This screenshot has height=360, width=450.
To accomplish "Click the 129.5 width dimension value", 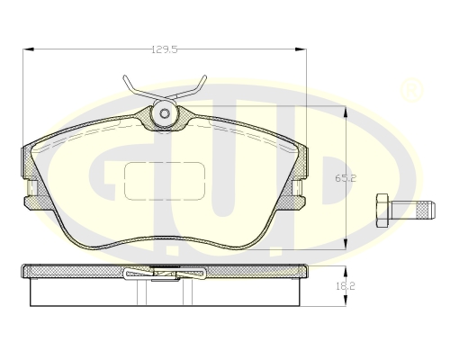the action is coord(165,49).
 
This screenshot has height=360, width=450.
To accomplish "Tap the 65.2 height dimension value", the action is coord(346,178).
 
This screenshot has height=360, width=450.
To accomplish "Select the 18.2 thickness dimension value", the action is coord(346,286).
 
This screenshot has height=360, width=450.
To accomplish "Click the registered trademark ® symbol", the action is coord(411,90).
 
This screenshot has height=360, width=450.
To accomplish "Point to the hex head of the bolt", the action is coord(382,211).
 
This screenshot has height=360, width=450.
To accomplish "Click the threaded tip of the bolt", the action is coord(427,210).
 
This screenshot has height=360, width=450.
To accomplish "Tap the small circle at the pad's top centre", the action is coord(165,113).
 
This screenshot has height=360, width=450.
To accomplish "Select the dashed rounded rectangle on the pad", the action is coord(165,181).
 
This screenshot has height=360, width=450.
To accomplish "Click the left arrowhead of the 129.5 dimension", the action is coord(29,49).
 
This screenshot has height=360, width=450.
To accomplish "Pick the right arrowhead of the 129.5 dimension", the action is coord(301,49).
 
